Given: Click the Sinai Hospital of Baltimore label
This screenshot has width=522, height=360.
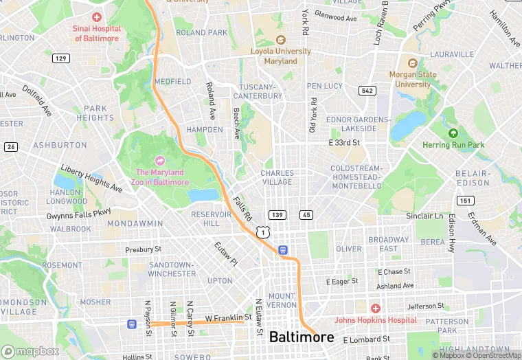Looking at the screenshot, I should pyautogui.click(x=97, y=34).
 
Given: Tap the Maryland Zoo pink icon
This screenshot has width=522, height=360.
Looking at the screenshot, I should pyautogui.click(x=159, y=160).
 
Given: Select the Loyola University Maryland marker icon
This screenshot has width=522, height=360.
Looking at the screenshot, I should pyautogui.click(x=280, y=40).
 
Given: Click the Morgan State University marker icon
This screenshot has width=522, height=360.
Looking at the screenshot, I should pyautogui.click(x=412, y=63).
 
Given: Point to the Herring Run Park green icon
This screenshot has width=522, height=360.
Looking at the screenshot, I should pyautogui.click(x=453, y=133).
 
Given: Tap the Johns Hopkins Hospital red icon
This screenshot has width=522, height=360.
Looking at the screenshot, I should pyautogui.click(x=375, y=308).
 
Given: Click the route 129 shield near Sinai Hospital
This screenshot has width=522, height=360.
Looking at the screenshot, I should pyautogui.click(x=61, y=58).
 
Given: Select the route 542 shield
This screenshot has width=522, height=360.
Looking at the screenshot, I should pyautogui.click(x=366, y=91).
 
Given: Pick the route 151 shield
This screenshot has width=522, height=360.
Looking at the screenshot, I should pyautogui.click(x=466, y=201).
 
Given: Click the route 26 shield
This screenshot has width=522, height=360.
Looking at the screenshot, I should pyautogui.click(x=10, y=146).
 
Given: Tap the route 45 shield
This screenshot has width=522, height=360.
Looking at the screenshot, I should pyautogui.click(x=306, y=215).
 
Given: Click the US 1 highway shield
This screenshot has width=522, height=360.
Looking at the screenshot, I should pyautogui.click(x=262, y=232).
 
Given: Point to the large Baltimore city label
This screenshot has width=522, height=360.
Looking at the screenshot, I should pyautogui.click(x=302, y=337).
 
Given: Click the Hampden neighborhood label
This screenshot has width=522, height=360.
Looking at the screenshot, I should pyautogui.click(x=205, y=129).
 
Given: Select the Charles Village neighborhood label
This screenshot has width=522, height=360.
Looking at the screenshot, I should pyautogui.click(x=277, y=177).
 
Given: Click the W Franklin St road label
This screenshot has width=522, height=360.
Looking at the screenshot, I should pyautogui.click(x=225, y=319).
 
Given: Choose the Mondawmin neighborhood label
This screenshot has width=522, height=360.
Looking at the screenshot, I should pyautogui.click(x=135, y=223).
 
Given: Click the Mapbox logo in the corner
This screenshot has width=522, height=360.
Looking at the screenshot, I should pyautogui.click(x=30, y=351).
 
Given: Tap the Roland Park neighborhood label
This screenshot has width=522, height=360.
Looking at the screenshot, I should pyautogui.click(x=201, y=32).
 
